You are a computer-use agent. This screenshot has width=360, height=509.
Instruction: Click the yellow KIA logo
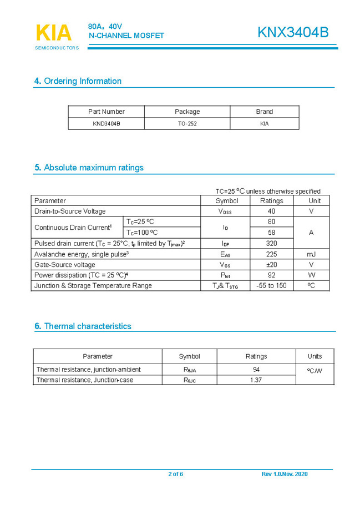[54, 33]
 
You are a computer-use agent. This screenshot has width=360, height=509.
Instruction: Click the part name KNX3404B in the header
[292, 33]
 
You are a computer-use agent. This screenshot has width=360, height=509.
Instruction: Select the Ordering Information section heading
[78, 81]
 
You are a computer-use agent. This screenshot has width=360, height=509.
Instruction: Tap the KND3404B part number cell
[106, 124]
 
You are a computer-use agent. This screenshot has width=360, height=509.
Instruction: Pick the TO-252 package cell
[187, 124]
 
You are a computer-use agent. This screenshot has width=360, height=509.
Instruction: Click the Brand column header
[264, 112]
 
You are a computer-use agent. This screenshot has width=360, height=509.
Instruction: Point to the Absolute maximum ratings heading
[89, 168]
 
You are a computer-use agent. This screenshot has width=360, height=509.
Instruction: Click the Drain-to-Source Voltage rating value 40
[271, 211]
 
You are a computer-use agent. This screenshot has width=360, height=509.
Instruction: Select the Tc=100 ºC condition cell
[142, 233]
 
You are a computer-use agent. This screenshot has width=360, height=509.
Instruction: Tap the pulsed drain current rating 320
[271, 243]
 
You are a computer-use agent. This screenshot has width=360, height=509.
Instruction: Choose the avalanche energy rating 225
[271, 254]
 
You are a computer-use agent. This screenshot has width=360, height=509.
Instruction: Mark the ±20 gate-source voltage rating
[271, 265]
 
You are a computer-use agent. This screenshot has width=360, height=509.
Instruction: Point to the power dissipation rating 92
[271, 275]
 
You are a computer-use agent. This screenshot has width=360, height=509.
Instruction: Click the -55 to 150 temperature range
[271, 286]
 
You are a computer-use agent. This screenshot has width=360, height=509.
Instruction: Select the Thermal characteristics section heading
[83, 326]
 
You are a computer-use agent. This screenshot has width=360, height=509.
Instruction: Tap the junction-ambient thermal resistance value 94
[256, 370]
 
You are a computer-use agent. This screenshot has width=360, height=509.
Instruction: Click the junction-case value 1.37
[256, 380]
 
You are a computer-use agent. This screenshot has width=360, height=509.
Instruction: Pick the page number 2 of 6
[175, 474]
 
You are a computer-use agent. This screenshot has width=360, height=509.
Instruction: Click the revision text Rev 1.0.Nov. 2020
[284, 474]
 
